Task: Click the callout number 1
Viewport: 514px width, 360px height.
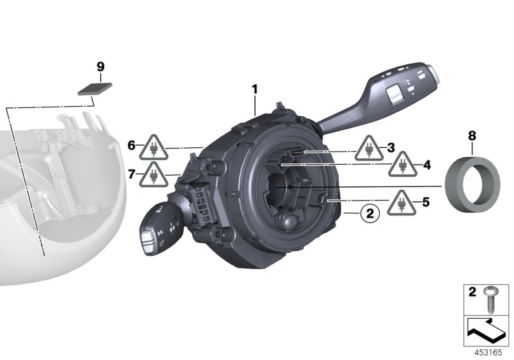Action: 254,89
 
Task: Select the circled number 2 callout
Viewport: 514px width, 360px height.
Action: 368,212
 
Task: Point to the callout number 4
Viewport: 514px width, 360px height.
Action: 426,165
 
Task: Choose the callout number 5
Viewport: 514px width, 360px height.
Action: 425,201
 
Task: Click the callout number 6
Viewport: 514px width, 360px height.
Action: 131,146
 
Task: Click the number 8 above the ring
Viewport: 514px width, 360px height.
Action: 472,136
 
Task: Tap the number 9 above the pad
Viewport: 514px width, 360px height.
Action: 100,66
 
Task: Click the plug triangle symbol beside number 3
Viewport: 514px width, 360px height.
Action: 369,149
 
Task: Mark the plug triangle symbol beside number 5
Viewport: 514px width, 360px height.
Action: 402,203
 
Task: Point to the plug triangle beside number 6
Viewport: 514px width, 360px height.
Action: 154,147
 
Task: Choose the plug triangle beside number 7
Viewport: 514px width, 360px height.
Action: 154,174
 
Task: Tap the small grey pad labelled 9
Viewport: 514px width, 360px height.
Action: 94,89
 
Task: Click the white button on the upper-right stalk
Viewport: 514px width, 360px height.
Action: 393,94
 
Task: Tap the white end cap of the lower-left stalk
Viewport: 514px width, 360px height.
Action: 146,242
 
